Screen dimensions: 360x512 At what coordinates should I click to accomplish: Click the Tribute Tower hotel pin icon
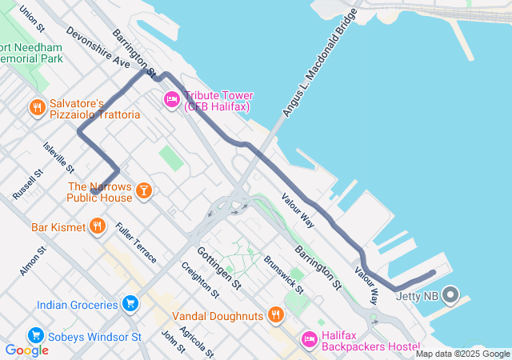point(171,99)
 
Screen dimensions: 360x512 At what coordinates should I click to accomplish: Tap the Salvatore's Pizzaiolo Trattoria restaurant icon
point(36,107)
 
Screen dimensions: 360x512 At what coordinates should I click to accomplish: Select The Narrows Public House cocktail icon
point(143,190)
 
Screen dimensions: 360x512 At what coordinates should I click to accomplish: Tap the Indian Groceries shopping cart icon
point(130,303)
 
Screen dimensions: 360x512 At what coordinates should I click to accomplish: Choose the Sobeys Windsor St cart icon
point(35,335)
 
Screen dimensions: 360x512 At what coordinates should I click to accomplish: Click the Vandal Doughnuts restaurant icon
point(276,314)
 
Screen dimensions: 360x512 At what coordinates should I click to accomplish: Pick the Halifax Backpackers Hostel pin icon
point(309,339)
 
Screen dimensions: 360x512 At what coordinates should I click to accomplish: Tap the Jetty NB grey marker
point(450,296)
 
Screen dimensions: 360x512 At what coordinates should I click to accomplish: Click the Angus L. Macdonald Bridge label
point(318,63)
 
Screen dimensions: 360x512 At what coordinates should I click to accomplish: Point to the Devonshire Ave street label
point(98,50)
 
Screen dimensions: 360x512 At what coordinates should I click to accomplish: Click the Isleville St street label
point(59,157)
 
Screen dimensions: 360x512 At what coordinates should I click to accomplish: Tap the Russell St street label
point(27,185)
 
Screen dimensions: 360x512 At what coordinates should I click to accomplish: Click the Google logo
point(26,350)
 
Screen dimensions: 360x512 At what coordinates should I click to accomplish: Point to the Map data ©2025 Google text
point(462,354)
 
